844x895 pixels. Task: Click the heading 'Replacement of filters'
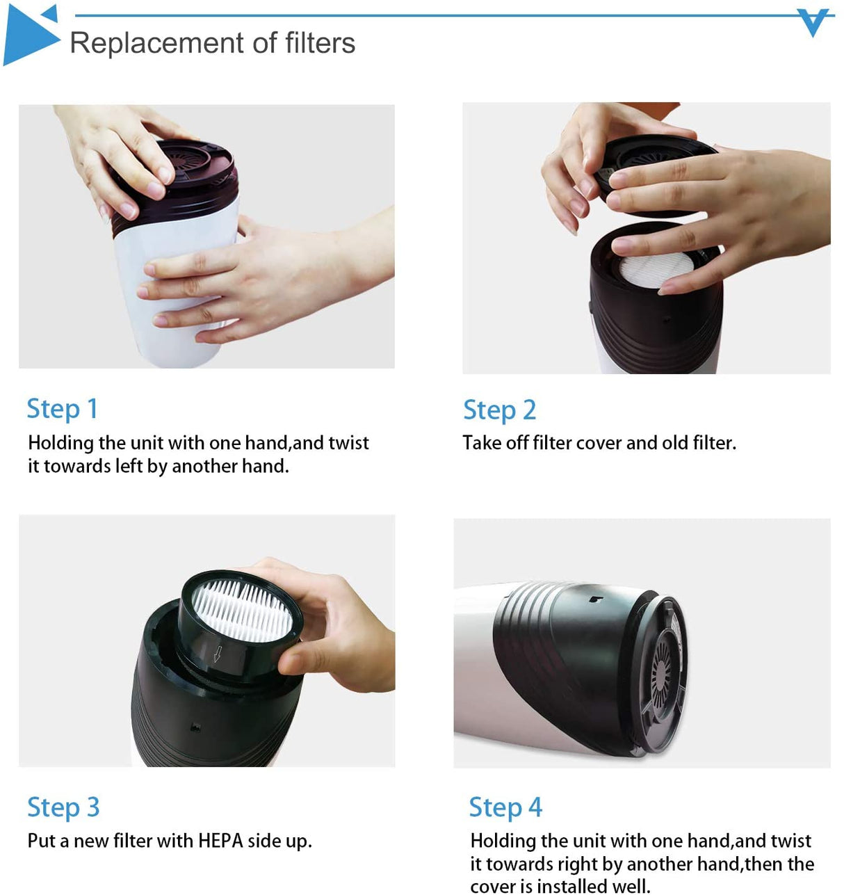tap(212, 43)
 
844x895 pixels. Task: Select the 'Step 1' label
tap(62, 409)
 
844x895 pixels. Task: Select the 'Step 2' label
tap(499, 410)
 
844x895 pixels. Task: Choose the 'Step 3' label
tap(63, 807)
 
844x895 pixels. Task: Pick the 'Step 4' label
tap(505, 807)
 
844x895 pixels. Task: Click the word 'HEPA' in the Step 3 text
tap(220, 841)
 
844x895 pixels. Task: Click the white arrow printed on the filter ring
tap(218, 654)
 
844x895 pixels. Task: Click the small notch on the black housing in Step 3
tap(196, 727)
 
